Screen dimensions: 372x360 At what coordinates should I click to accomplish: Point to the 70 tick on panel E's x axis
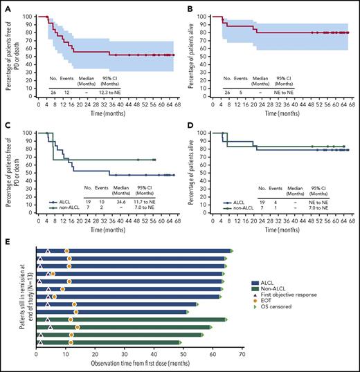point(241,353)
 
